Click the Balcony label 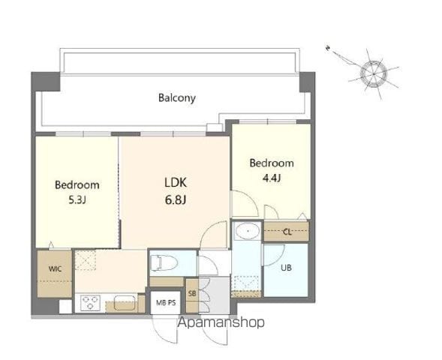pyautogui.click(x=177, y=98)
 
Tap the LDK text pyautogui.click(x=176, y=182)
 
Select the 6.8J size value pyautogui.click(x=176, y=200)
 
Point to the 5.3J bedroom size pyautogui.click(x=77, y=200)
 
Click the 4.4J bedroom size pyautogui.click(x=272, y=178)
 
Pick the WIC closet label pyautogui.click(x=55, y=268)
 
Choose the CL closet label pyautogui.click(x=287, y=232)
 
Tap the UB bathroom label pyautogui.click(x=286, y=268)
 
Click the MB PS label pyautogui.click(x=166, y=302)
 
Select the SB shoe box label pyautogui.click(x=192, y=293)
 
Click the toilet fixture pyautogui.click(x=164, y=262)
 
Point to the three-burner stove pyautogui.click(x=90, y=303)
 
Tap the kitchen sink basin pyautogui.click(x=125, y=303)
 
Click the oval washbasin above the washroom pyautogui.click(x=248, y=231)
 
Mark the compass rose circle pyautogui.click(x=374, y=74)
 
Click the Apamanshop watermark pyautogui.click(x=221, y=322)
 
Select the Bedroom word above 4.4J pyautogui.click(x=272, y=163)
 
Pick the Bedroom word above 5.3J pyautogui.click(x=77, y=184)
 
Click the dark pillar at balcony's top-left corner pyautogui.click(x=46, y=82)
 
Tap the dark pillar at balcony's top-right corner pyautogui.click(x=307, y=82)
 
